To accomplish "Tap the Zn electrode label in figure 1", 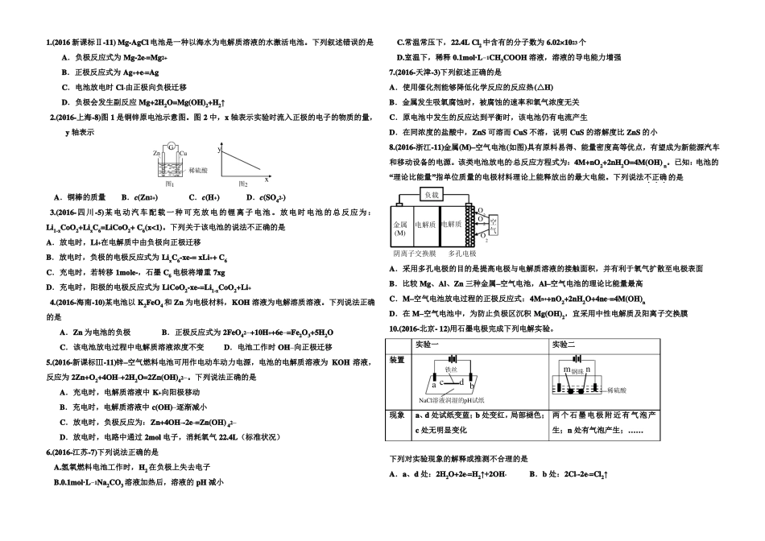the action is pos(155,152).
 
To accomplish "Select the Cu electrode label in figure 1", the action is pos(184,152).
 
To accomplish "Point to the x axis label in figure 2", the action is pos(267,179).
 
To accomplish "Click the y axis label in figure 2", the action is pos(219,150).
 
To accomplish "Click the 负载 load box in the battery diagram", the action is pos(433,195).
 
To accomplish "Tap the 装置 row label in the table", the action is pos(397,359).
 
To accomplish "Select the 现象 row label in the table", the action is pos(397,415).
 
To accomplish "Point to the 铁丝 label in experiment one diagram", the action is pos(451,369).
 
